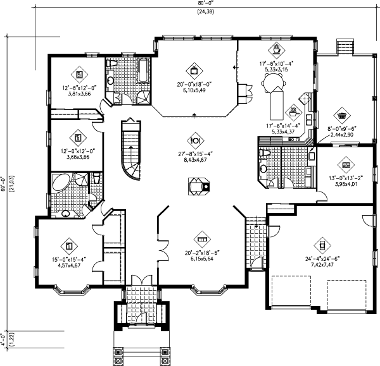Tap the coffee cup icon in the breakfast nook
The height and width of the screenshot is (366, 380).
[x=277, y=47]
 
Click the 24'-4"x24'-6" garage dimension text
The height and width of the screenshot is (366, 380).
[x=322, y=259]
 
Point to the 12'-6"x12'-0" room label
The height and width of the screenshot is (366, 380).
[x=80, y=89]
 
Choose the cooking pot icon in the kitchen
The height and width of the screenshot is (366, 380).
[x=293, y=111]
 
